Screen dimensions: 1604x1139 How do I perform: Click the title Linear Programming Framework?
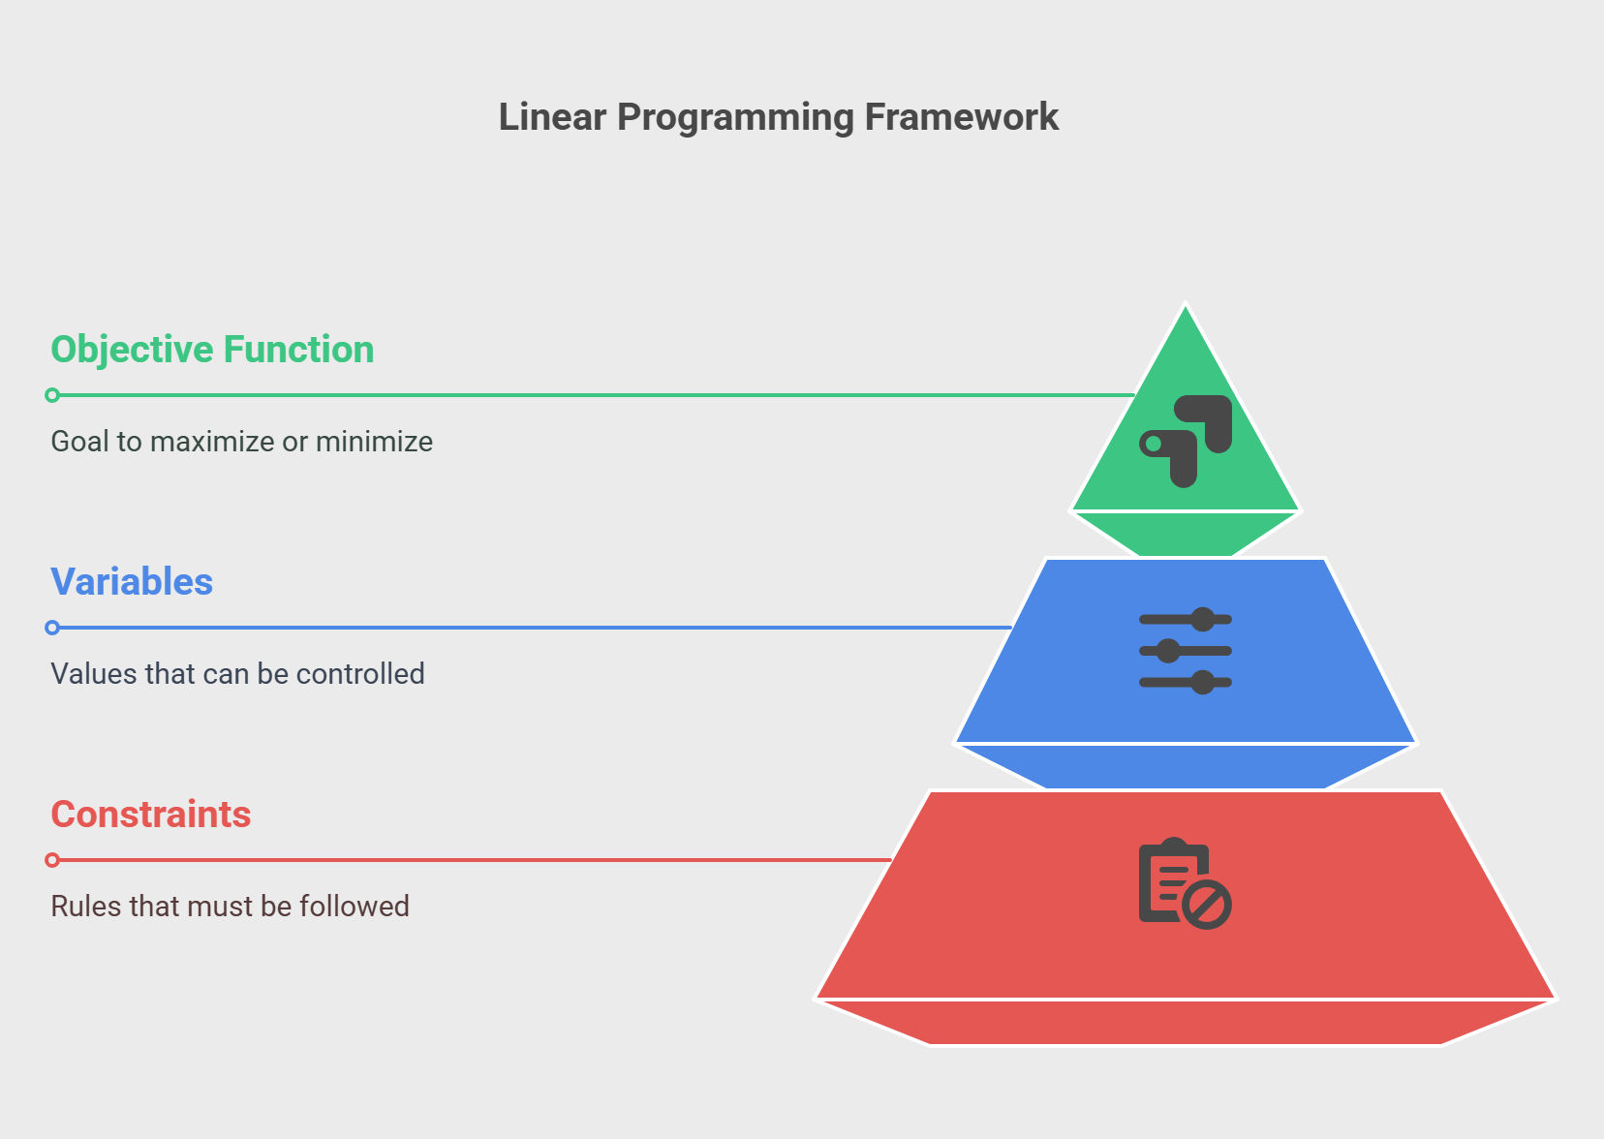pyautogui.click(x=779, y=116)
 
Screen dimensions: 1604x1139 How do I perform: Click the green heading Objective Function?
pyautogui.click(x=212, y=350)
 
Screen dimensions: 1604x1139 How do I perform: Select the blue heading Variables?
pyautogui.click(x=132, y=581)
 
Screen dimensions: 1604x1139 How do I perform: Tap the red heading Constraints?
pyautogui.click(x=150, y=814)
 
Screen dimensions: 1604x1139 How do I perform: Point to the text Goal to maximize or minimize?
pyautogui.click(x=241, y=442)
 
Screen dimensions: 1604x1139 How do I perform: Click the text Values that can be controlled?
pyautogui.click(x=237, y=674)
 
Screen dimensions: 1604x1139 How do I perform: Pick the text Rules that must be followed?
pyautogui.click(x=230, y=907)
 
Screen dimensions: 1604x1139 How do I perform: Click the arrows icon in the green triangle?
pyautogui.click(x=1186, y=441)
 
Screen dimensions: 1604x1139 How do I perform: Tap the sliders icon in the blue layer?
pyautogui.click(x=1186, y=651)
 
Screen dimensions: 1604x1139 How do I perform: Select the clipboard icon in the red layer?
pyautogui.click(x=1186, y=882)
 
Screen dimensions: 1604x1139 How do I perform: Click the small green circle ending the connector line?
pyautogui.click(x=52, y=395)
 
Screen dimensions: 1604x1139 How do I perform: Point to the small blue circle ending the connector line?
pyautogui.click(x=52, y=628)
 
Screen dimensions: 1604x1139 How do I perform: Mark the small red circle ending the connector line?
pyautogui.click(x=52, y=860)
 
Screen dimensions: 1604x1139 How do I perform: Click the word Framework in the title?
pyautogui.click(x=962, y=116)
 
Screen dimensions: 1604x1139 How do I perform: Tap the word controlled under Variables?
pyautogui.click(x=360, y=674)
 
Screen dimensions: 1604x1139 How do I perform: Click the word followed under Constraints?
pyautogui.click(x=355, y=907)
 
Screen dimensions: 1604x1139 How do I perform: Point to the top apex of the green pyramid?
pyautogui.click(x=1186, y=304)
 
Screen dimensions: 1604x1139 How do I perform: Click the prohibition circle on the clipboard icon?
pyautogui.click(x=1207, y=905)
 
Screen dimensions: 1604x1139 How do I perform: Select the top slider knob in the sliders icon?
pyautogui.click(x=1202, y=619)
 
